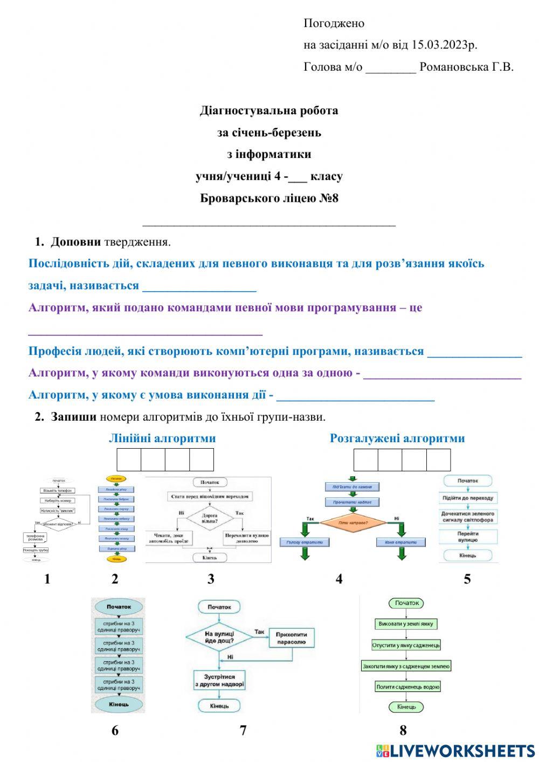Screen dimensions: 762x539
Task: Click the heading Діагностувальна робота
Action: [x=269, y=111]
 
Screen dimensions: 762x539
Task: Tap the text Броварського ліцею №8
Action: [x=269, y=198]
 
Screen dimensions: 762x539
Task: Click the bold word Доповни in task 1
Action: [x=75, y=242]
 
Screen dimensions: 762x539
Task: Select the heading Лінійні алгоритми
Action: [x=162, y=438]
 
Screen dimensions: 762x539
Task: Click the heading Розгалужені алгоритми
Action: [x=397, y=438]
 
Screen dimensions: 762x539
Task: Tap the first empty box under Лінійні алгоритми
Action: [x=129, y=459]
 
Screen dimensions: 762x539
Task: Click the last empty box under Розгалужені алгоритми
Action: [x=438, y=459]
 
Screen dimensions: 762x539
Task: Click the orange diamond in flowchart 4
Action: [x=353, y=523]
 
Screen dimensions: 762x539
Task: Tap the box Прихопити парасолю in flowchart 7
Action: [x=292, y=638]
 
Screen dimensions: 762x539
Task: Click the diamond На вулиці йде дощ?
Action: [x=219, y=637]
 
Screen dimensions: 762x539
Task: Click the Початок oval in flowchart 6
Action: [x=119, y=607]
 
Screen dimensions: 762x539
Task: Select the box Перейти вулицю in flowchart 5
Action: [x=468, y=537]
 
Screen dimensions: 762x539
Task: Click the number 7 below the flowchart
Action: [x=243, y=731]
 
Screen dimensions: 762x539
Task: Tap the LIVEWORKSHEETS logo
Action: [x=455, y=751]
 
